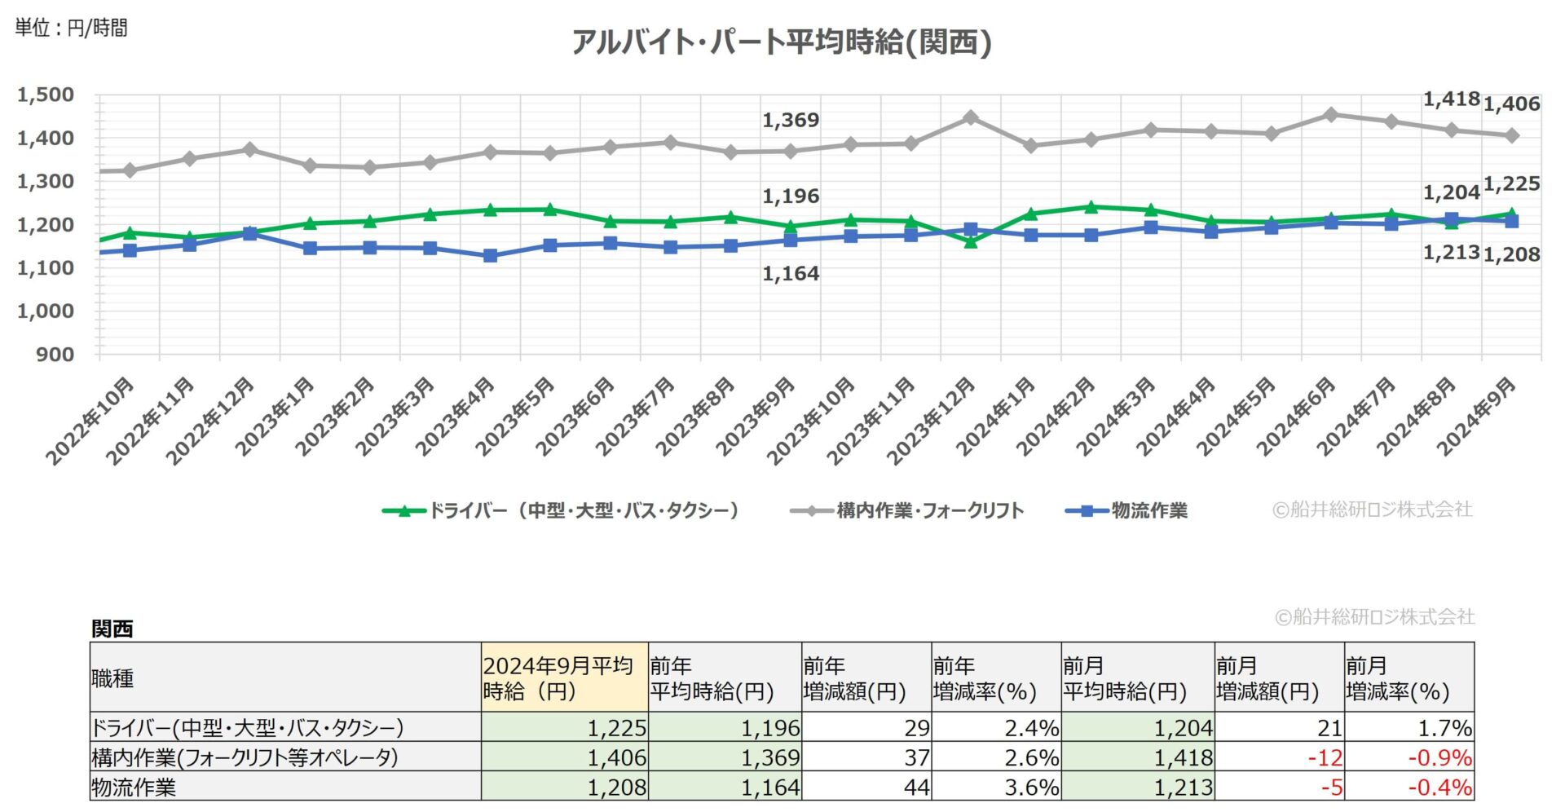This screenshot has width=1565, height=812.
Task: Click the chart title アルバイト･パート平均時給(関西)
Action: (781, 42)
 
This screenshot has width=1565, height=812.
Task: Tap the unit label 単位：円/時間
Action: (71, 28)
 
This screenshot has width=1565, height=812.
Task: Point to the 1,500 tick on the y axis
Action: (46, 95)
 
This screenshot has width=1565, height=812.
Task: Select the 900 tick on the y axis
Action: (55, 355)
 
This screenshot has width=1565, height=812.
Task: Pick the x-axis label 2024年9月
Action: (1476, 416)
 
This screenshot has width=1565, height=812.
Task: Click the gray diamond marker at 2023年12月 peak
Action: (970, 118)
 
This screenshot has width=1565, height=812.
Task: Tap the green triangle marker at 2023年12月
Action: (970, 241)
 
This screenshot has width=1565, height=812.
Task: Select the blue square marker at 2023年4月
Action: (490, 255)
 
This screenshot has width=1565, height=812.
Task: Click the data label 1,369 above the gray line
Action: (790, 121)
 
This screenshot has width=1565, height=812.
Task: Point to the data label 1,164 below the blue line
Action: (790, 274)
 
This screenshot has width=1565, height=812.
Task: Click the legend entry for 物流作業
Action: (1128, 511)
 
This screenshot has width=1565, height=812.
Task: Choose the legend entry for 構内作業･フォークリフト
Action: (907, 511)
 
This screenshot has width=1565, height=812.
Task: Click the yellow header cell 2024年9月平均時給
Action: (564, 677)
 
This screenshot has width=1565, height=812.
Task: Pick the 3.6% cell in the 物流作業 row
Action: (1031, 787)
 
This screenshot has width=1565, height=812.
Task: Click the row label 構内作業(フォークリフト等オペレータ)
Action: (245, 757)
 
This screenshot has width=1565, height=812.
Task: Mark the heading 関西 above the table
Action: (112, 629)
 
